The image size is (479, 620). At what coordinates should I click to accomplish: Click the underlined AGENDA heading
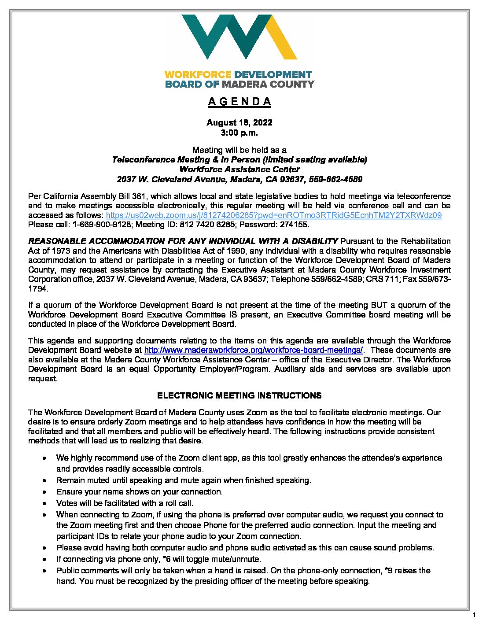(x=239, y=102)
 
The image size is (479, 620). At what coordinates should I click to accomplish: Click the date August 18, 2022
(x=239, y=122)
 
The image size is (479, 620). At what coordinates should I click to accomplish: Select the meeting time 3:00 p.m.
(x=239, y=133)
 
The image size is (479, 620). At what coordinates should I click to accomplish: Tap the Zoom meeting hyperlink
(x=273, y=215)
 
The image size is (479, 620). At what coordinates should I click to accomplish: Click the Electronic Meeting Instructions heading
(x=239, y=395)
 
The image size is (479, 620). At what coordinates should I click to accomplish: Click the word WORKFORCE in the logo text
(x=198, y=74)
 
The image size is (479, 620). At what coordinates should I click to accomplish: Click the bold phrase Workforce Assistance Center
(x=239, y=170)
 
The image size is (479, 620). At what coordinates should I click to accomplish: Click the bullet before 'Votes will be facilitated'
(x=45, y=503)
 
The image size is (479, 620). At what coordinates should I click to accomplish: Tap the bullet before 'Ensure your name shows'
(x=45, y=492)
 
